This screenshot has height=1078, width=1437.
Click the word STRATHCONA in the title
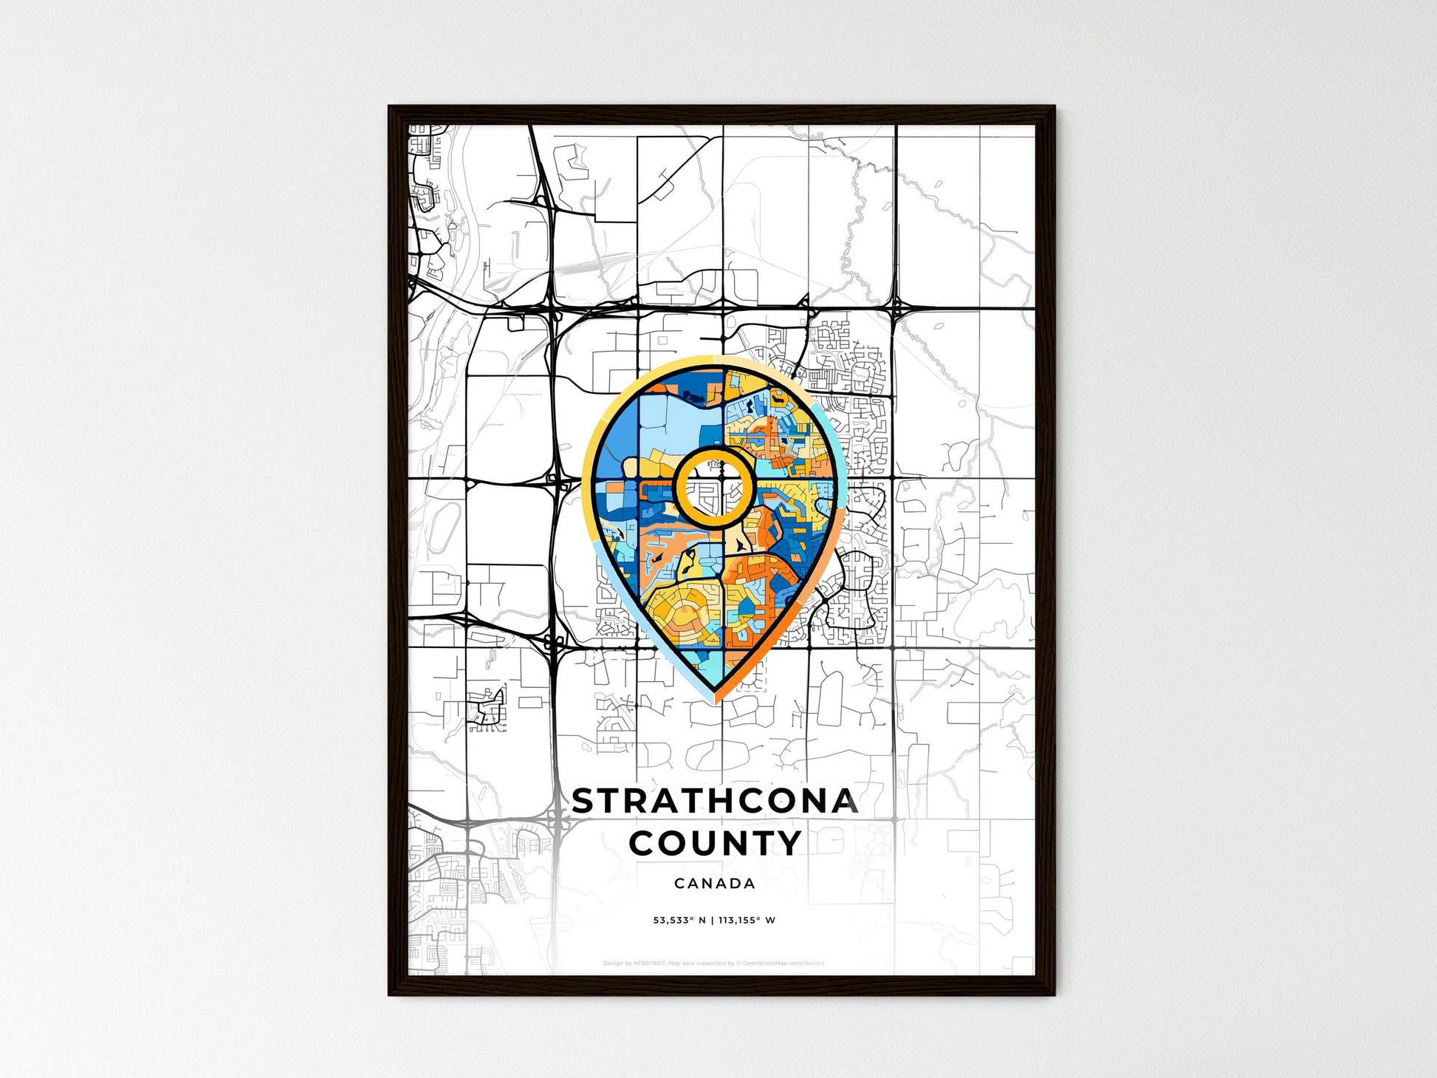[715, 802]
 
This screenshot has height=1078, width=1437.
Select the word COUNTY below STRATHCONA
[715, 843]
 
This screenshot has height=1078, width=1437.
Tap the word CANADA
[715, 883]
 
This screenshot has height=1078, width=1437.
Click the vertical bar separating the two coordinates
[712, 921]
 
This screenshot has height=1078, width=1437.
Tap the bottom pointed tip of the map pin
[715, 697]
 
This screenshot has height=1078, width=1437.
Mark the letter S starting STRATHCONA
[583, 802]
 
